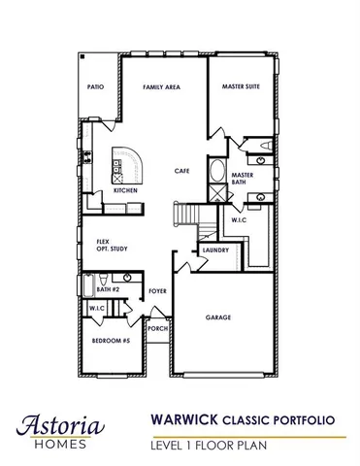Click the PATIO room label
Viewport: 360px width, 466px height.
click(x=95, y=86)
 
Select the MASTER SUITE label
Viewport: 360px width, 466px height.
click(x=240, y=87)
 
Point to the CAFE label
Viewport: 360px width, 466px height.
click(x=180, y=171)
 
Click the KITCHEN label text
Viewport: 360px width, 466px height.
click(x=125, y=191)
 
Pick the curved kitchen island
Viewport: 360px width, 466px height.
click(x=127, y=166)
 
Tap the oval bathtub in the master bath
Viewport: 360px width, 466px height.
click(x=216, y=175)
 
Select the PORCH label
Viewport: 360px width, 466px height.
click(x=157, y=329)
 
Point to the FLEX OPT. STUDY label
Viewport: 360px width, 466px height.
click(x=101, y=246)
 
